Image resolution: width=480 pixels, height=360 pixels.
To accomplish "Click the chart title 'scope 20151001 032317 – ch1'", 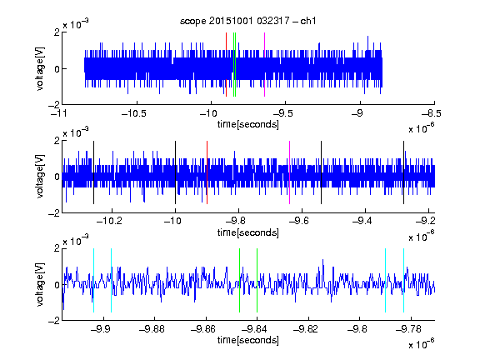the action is point(247,21).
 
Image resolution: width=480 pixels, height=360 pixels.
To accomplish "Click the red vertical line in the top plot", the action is point(226,65).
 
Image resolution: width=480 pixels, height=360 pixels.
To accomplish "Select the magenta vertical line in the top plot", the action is point(264,65).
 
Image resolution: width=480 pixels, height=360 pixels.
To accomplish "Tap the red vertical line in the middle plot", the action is point(207,172).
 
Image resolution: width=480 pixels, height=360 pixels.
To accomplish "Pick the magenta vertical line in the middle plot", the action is point(290,172).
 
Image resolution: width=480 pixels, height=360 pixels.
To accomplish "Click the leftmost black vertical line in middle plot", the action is point(93,172).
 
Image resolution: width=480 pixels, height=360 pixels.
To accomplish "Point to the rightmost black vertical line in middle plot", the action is point(404,172).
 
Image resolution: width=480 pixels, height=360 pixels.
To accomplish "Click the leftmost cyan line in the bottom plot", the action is point(93,280).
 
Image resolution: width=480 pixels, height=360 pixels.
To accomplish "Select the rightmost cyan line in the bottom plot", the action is point(404,280).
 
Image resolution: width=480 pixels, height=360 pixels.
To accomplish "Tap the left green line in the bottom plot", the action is point(240,280).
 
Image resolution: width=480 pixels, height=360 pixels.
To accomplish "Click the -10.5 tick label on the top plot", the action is point(134,113).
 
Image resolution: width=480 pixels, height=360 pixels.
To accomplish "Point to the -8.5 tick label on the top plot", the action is point(431,113).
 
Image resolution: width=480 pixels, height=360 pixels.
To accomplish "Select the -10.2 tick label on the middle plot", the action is point(109,220).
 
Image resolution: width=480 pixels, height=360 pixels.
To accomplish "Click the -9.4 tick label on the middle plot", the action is point(362,220).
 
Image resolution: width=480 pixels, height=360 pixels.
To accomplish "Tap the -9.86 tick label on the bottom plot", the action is point(203,329).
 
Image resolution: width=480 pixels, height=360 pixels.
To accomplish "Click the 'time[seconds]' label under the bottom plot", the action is point(248,340).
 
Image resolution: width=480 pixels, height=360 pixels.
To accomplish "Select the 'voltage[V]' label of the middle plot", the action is point(40,176).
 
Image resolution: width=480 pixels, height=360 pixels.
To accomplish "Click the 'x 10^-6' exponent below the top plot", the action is point(422,128).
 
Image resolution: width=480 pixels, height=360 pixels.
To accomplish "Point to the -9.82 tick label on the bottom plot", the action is point(306,329).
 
